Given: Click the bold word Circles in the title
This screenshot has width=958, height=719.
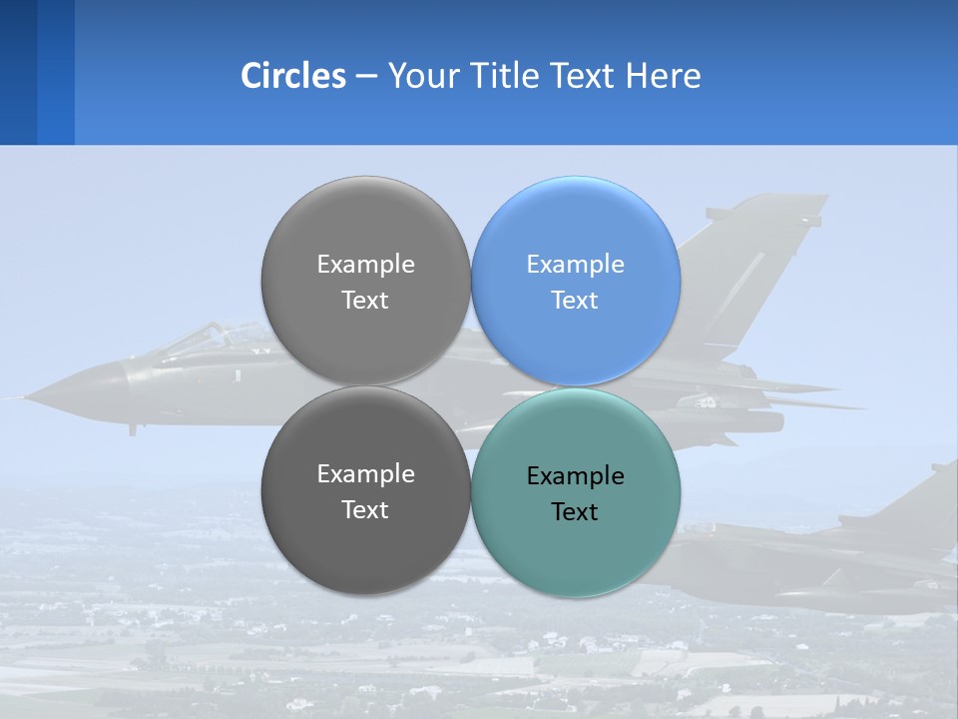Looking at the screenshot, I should [x=292, y=76].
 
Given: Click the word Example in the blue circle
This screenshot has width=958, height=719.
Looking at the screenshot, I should [x=575, y=265].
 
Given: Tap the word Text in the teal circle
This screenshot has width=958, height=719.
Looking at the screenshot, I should [x=575, y=512].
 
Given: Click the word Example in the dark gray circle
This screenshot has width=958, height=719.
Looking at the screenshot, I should [x=365, y=474].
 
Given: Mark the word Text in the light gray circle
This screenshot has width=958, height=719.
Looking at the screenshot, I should [x=365, y=301].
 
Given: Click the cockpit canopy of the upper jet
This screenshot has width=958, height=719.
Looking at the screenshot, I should [x=205, y=338].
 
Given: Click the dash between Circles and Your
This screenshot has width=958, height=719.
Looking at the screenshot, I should [x=366, y=77].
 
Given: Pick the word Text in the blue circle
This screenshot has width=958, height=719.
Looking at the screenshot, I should [x=575, y=301].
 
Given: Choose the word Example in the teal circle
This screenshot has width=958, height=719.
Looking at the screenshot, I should [x=575, y=476].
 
